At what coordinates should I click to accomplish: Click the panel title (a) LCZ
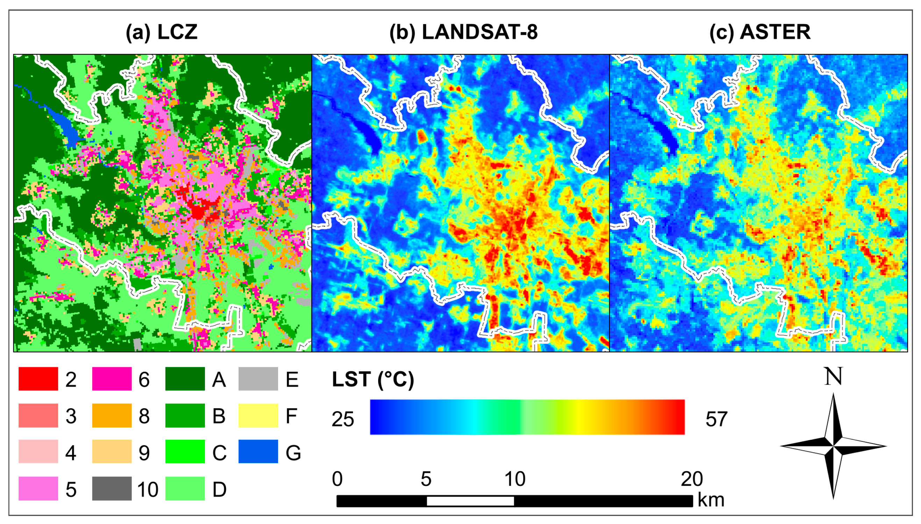162,32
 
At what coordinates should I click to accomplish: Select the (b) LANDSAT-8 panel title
463,32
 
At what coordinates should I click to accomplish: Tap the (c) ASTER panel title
760,32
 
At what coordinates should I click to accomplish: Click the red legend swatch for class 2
38,379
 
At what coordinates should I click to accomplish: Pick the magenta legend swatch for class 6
112,379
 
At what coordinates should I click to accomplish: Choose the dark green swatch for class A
185,379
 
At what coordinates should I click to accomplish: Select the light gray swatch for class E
258,379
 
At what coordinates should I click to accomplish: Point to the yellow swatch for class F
258,415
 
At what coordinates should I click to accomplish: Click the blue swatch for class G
258,451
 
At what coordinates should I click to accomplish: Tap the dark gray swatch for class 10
112,488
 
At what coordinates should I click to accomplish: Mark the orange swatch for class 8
112,415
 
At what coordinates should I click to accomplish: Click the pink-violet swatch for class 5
38,488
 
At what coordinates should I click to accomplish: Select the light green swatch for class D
185,488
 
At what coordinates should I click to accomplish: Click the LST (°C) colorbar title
373,379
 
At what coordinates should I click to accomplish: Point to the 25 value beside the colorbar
343,419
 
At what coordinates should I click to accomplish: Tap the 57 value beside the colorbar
716,419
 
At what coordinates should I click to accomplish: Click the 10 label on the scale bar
515,479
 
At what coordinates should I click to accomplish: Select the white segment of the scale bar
470,501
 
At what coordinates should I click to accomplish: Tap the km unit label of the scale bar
711,500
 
